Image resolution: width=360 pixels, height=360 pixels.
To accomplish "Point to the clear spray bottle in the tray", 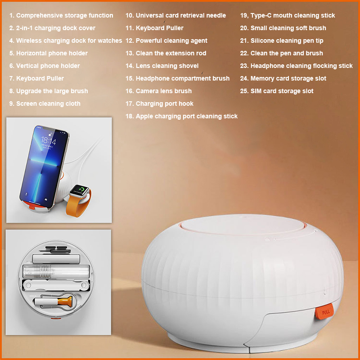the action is [56, 271].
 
